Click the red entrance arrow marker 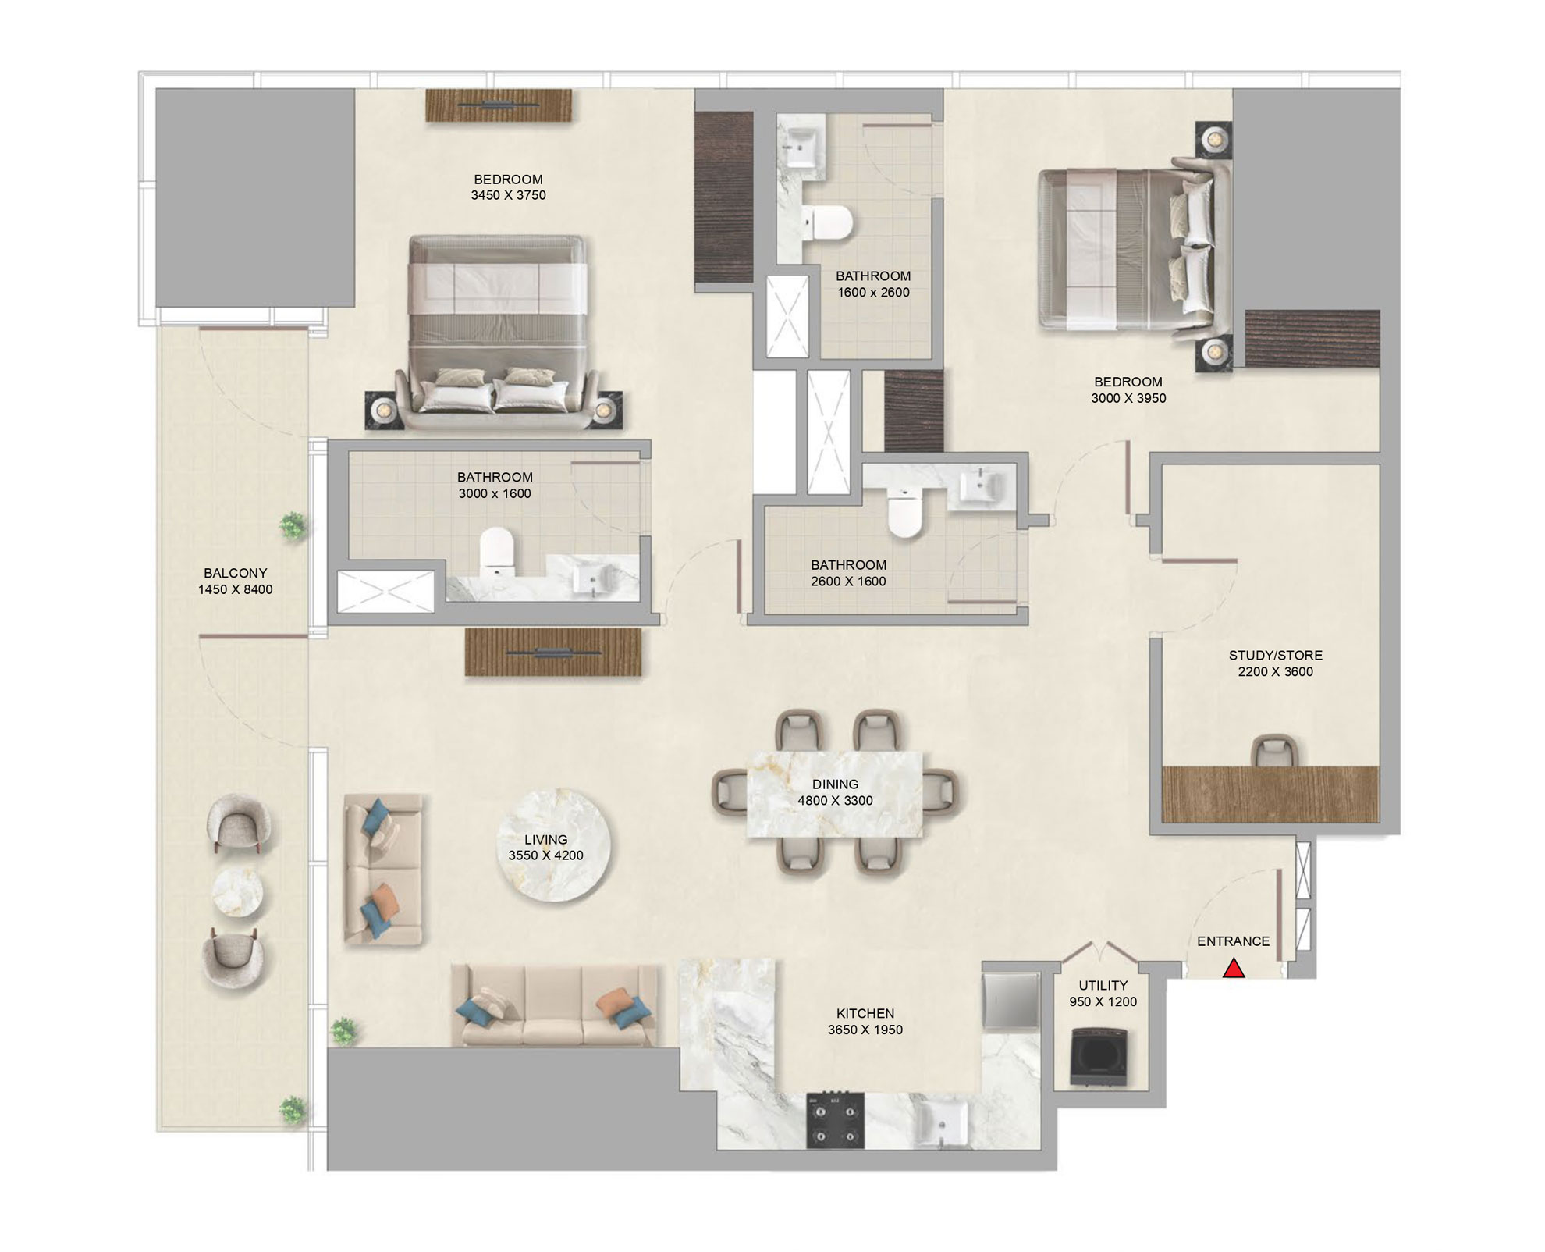[x=1233, y=969]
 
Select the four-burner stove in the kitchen [x=835, y=1119]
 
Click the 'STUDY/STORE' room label [x=1275, y=655]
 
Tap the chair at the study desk [x=1274, y=752]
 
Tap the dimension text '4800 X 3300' [x=835, y=800]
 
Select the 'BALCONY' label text [x=235, y=573]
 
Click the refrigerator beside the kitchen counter [x=1011, y=1000]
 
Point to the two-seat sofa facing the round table [x=383, y=870]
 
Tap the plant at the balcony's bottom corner [x=293, y=1108]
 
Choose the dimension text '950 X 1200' [x=1103, y=1001]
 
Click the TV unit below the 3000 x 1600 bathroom [x=553, y=652]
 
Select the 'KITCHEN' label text [x=865, y=1013]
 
